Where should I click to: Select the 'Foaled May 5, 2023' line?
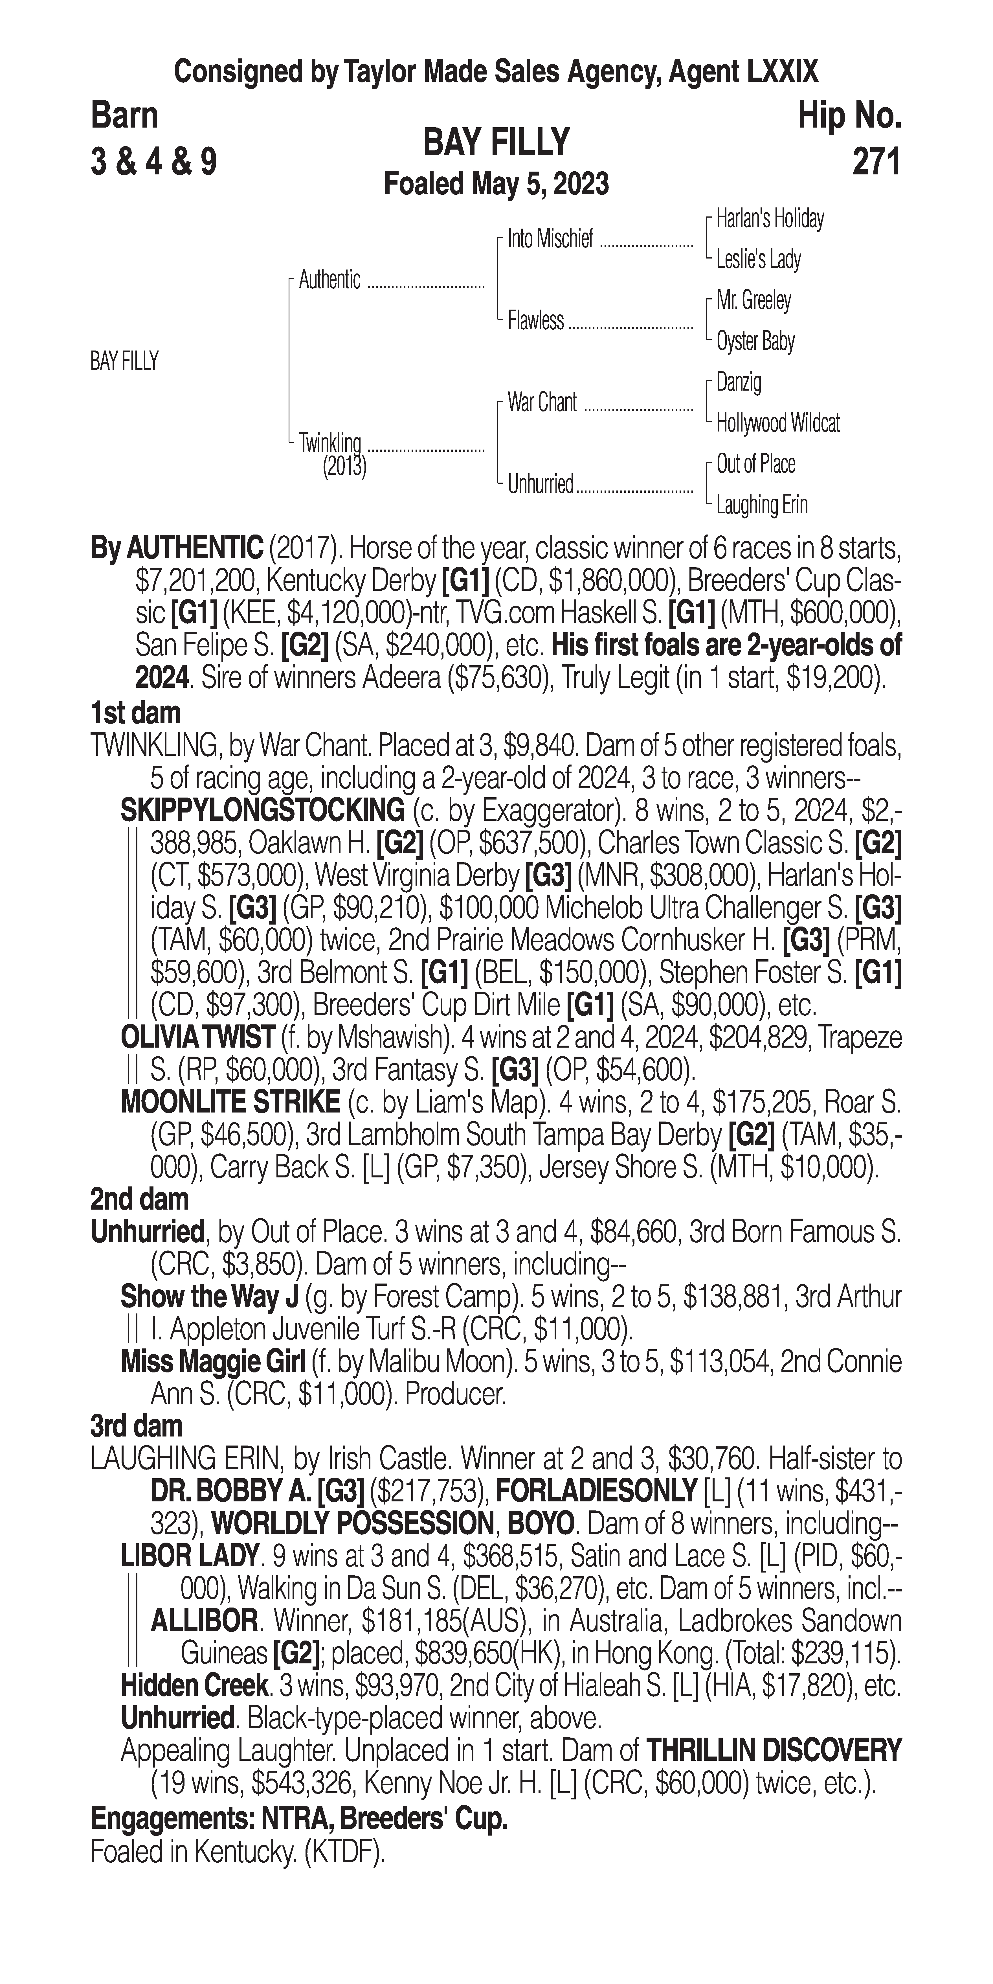tap(496, 184)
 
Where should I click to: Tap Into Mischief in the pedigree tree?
tap(550, 240)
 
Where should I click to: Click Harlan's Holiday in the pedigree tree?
tap(770, 219)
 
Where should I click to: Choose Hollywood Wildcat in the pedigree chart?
tap(777, 423)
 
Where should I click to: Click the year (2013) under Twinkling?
tap(344, 467)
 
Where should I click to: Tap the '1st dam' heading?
tap(135, 713)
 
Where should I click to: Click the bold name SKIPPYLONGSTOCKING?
tap(262, 810)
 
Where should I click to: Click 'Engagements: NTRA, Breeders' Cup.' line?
tap(299, 1818)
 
